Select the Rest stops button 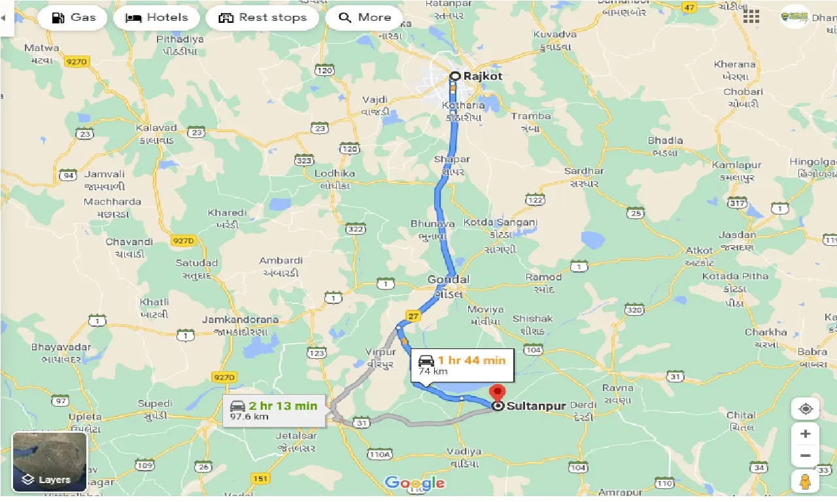click(x=262, y=18)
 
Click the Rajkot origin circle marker click(x=455, y=76)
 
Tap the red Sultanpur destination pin click(x=498, y=393)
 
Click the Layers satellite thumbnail click(x=50, y=461)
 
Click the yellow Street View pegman click(x=805, y=482)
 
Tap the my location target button click(x=805, y=409)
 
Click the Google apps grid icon click(x=751, y=16)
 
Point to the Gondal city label click(x=449, y=280)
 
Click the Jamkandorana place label click(x=240, y=320)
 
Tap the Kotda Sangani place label click(x=500, y=223)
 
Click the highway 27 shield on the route click(x=413, y=316)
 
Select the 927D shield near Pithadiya click(x=77, y=61)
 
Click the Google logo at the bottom click(x=415, y=483)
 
